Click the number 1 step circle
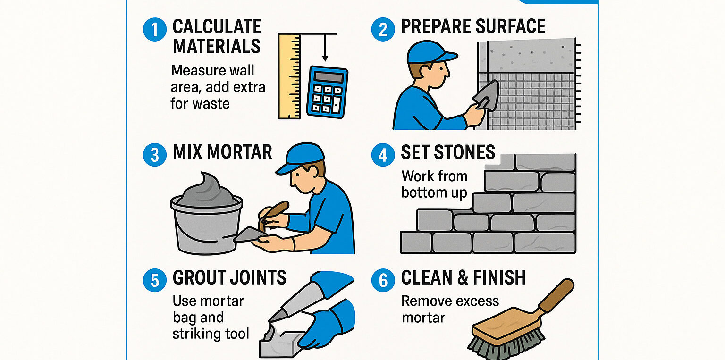click(155, 29)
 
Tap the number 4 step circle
click(383, 155)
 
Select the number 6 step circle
click(383, 280)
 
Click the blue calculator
click(327, 92)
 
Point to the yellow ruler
click(289, 76)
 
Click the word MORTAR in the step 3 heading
click(239, 152)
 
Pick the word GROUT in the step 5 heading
click(198, 277)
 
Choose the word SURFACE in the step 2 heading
click(506, 26)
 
